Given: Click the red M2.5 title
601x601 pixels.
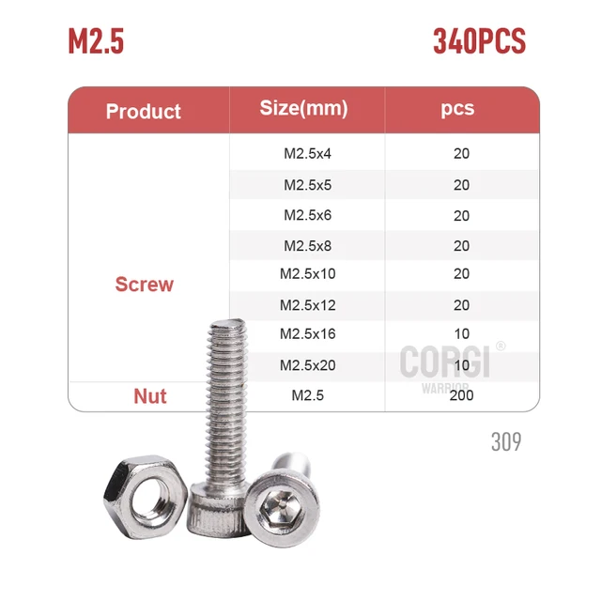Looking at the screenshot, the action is (x=96, y=41).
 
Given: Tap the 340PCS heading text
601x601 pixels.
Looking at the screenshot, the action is (x=479, y=41).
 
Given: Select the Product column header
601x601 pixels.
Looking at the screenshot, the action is (x=144, y=112).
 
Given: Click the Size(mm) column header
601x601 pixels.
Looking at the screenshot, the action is (x=304, y=108).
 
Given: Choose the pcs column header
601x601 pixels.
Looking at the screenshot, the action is (x=457, y=109).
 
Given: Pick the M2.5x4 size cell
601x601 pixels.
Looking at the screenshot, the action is (x=307, y=154).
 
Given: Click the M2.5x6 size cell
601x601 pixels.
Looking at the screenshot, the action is (x=307, y=215).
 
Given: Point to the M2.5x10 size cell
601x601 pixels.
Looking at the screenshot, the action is (x=307, y=273).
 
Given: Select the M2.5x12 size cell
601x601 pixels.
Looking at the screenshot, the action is (x=307, y=305).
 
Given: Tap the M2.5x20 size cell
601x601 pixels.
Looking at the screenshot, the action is (x=307, y=365).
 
